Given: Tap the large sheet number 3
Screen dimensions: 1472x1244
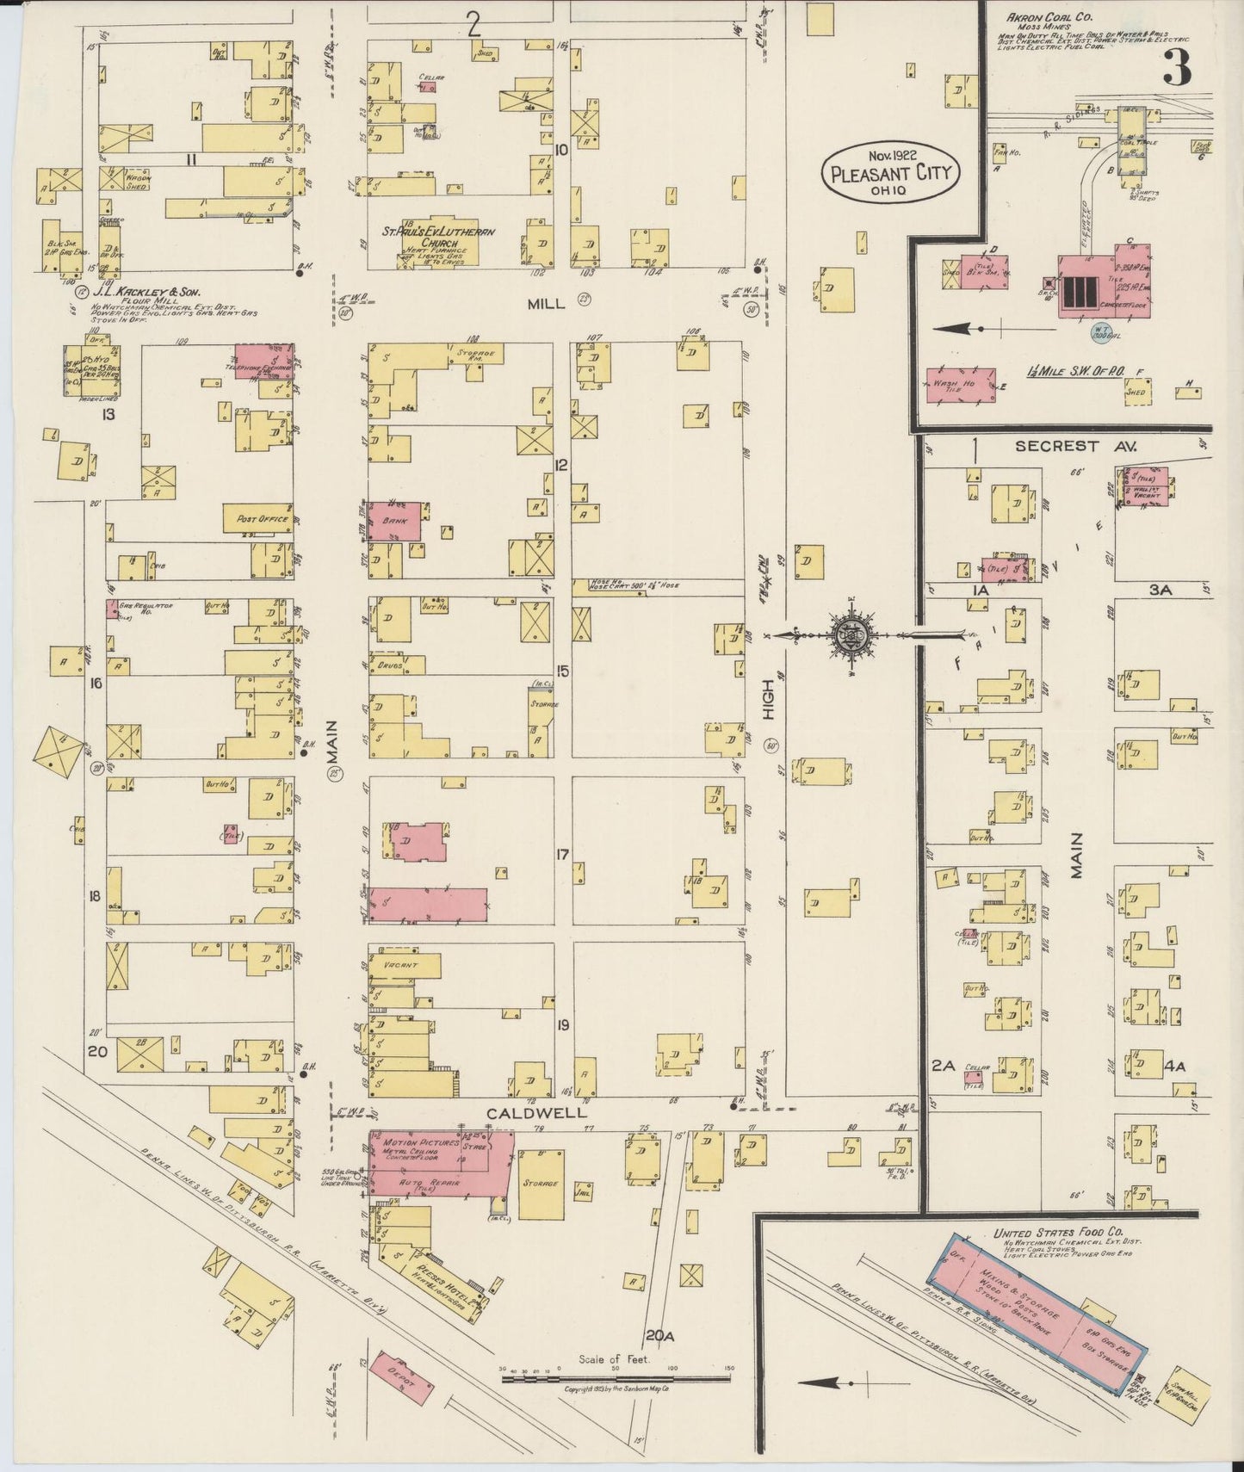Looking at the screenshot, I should click(x=1177, y=67).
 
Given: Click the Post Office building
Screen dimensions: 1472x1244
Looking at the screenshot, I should click(x=258, y=519).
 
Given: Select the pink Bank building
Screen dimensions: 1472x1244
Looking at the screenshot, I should click(x=395, y=521).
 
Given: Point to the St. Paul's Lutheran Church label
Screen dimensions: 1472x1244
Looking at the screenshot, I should click(x=439, y=238).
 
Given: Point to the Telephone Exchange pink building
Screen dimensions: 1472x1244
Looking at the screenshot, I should click(x=263, y=360).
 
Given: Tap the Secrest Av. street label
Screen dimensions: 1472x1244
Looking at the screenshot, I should click(x=1076, y=446).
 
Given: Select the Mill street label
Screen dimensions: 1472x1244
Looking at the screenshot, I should click(x=548, y=303).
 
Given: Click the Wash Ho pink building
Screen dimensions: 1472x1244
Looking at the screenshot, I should click(x=961, y=386).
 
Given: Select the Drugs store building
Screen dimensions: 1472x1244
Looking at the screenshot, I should click(x=397, y=665).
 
